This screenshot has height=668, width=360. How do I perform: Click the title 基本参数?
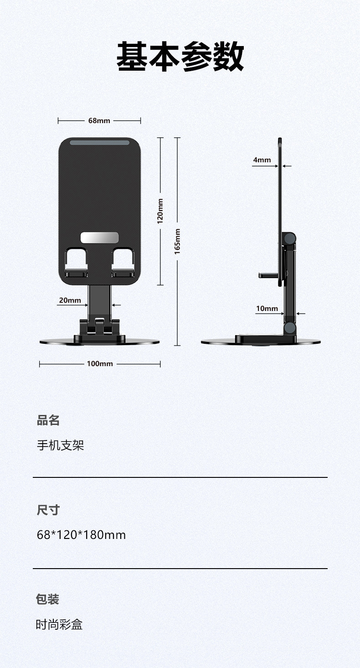click(180, 57)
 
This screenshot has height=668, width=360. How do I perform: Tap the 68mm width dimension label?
click(99, 121)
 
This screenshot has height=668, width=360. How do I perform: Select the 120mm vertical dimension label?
click(160, 211)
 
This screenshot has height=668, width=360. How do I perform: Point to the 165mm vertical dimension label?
click(178, 241)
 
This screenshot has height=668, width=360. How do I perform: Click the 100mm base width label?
click(100, 364)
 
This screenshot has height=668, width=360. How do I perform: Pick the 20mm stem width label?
click(70, 300)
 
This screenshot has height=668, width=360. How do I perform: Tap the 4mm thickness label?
click(262, 160)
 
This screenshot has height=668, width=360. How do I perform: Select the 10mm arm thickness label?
click(267, 309)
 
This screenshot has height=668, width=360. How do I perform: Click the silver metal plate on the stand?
click(99, 238)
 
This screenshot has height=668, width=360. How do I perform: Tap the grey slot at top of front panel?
click(99, 143)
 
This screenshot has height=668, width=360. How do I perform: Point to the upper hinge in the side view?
click(289, 238)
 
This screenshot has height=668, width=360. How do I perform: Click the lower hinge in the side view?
click(289, 328)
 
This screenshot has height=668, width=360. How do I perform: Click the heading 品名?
click(48, 420)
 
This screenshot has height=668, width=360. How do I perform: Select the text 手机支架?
click(61, 445)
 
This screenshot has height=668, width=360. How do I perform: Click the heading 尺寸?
click(48, 510)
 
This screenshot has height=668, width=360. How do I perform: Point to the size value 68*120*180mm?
click(81, 535)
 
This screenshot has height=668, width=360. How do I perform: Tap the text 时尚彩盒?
click(59, 625)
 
